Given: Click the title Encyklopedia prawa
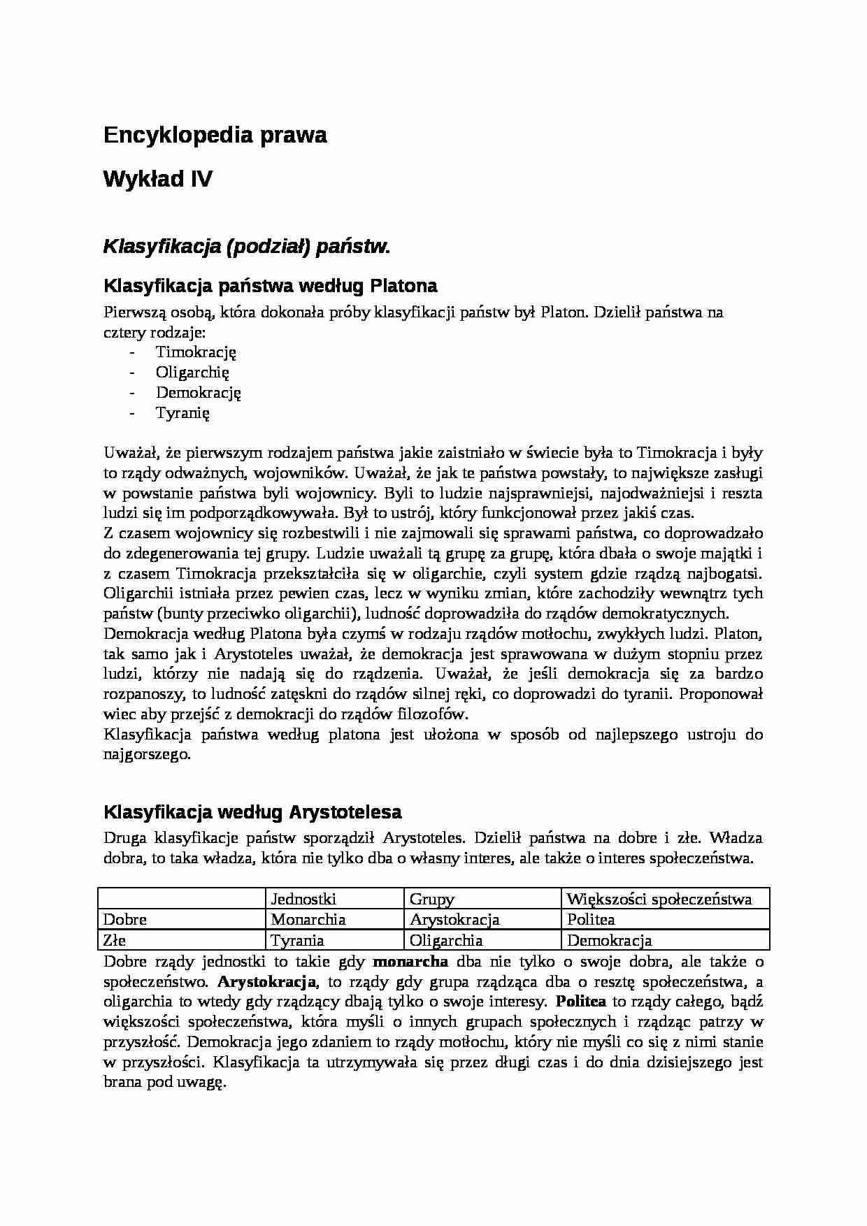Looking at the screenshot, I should point(215,136).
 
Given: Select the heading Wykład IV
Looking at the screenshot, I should point(157,180).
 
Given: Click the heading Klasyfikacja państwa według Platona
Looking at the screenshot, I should point(270,286).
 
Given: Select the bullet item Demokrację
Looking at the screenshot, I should point(198,392).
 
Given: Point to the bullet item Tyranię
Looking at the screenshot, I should point(182,412).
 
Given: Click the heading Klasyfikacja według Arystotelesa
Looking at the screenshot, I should point(252,812).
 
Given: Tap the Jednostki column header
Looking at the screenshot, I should point(303,899).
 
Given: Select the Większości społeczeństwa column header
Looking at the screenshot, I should point(659,899).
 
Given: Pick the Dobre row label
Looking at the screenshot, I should point(125,919).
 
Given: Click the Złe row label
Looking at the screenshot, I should point(115,940).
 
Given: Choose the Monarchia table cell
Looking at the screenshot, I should point(308,919).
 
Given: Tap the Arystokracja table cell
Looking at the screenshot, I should point(454,919).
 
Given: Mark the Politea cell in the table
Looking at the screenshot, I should point(591,919).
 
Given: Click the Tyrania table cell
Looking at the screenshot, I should point(297,940).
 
